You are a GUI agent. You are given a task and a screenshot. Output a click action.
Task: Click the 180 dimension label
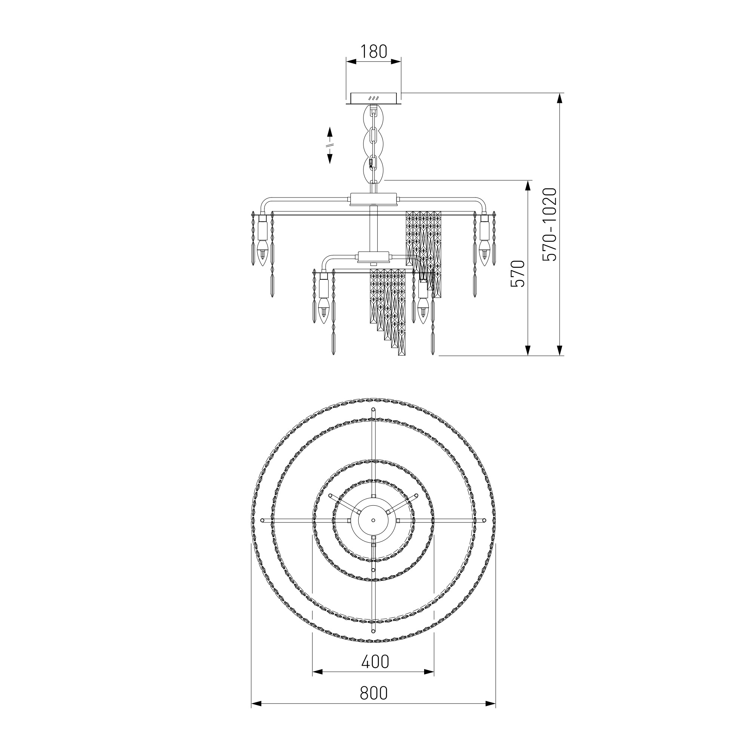tap(374, 52)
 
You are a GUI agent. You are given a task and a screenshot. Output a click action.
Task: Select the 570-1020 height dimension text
tap(549, 224)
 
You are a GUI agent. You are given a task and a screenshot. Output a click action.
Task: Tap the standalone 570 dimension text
tap(518, 273)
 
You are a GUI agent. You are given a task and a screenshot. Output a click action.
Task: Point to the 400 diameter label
tap(375, 662)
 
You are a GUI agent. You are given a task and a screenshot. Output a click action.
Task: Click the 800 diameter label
tap(374, 693)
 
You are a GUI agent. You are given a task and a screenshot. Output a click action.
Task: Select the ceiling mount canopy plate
tap(374, 98)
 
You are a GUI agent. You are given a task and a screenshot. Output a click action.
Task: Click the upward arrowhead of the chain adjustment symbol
tap(330, 132)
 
